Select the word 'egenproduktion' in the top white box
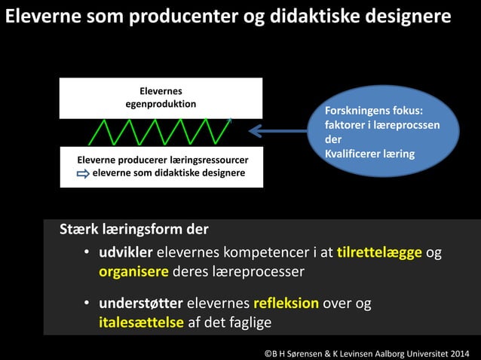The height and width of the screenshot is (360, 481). pos(161,104)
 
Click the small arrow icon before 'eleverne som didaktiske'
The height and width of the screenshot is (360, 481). pos(83,173)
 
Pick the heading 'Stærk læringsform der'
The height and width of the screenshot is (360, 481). pos(134,228)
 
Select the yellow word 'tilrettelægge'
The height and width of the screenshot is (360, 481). pos(379,252)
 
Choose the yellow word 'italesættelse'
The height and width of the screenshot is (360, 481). pos(141,322)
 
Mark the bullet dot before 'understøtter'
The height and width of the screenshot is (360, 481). pos(87,304)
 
